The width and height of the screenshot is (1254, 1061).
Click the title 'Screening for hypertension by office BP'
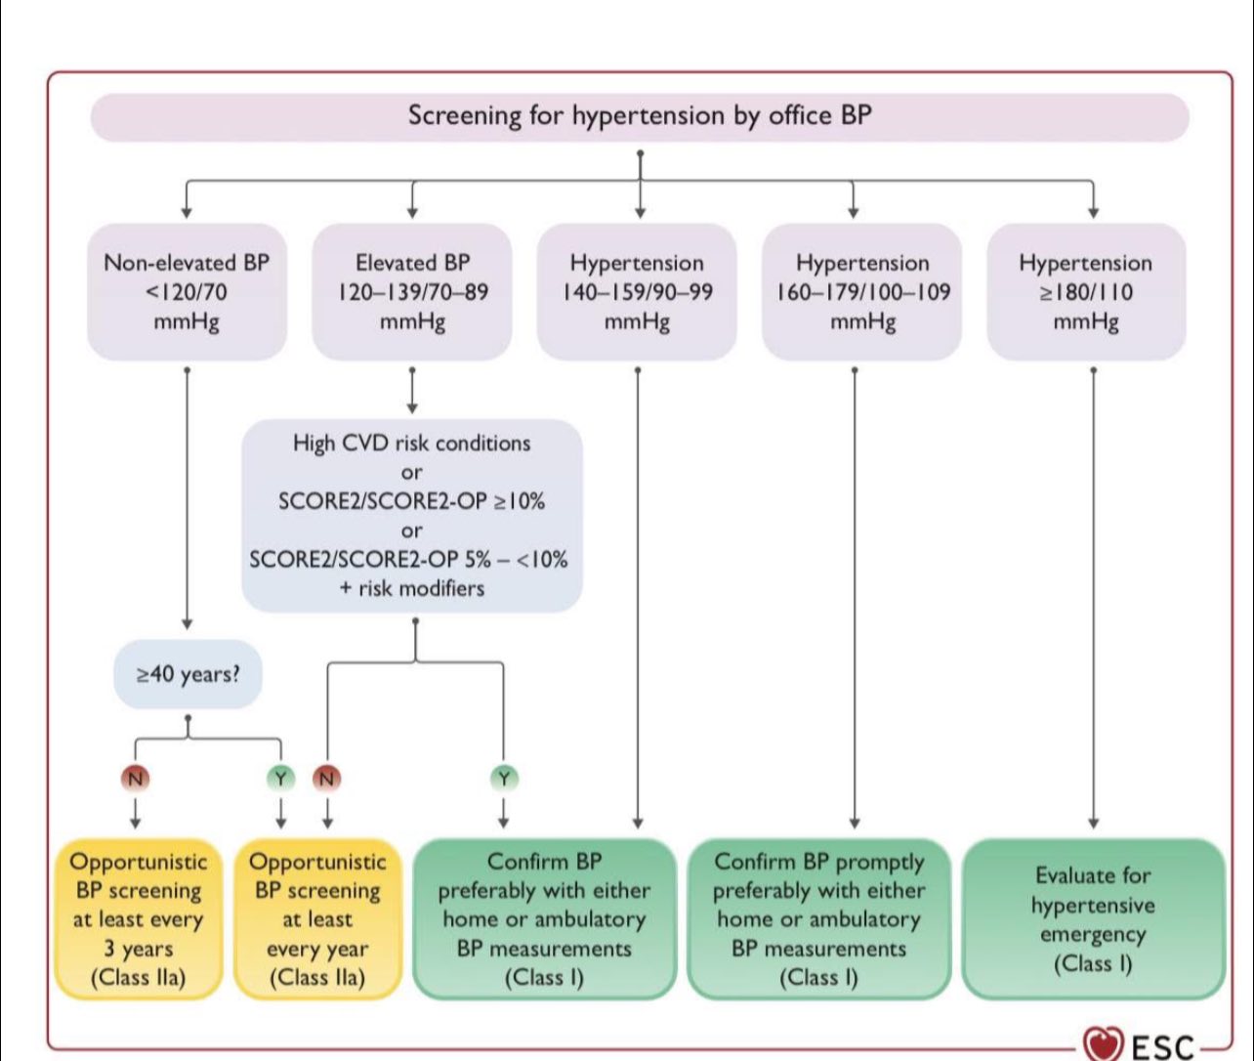coord(640,115)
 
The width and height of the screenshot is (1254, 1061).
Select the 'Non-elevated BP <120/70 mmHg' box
coord(187,292)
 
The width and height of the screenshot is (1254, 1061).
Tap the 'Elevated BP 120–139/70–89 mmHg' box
coord(412,292)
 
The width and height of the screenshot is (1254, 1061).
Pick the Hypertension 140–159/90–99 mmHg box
coord(637,292)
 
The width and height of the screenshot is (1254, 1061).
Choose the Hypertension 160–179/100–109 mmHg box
coord(862,292)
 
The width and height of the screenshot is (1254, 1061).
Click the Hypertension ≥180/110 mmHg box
coord(1087,292)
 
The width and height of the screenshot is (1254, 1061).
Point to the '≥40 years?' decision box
coord(188,674)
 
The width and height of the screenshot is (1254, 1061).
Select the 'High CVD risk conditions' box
coord(412,515)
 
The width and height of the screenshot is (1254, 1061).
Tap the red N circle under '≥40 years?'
coord(136,778)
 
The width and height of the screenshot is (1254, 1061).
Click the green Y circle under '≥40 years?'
coord(280,778)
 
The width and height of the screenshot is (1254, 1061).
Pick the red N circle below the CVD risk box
coord(327,778)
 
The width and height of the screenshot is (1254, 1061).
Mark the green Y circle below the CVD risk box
coord(504,778)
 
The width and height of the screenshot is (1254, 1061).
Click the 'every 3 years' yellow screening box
coord(139,919)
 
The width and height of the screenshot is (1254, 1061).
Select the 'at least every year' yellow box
coord(317,919)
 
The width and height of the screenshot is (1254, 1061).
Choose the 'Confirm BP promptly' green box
coord(819,919)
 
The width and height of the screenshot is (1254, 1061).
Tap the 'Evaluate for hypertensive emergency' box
coord(1093,919)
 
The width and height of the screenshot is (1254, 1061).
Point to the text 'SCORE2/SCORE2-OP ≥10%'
coord(412,501)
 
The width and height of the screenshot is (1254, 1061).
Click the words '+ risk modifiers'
coord(412,588)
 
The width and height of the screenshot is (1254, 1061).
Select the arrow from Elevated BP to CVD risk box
coord(412,390)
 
